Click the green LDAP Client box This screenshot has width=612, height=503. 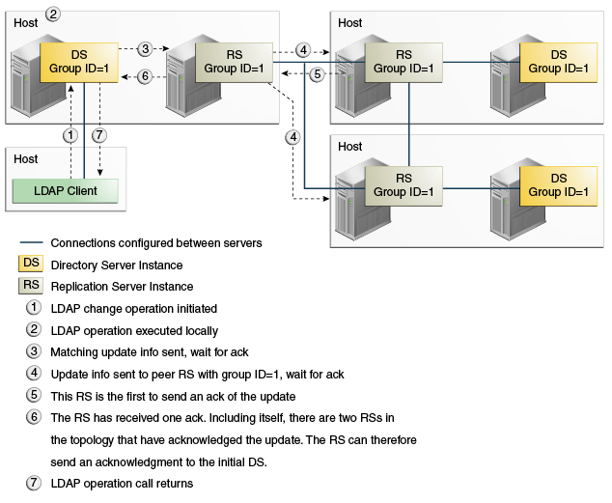point(68,190)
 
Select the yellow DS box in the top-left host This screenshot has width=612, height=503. point(79,62)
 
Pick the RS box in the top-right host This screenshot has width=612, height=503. point(403,62)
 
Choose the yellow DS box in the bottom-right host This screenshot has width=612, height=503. point(558,184)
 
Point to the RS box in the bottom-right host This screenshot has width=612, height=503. point(403,184)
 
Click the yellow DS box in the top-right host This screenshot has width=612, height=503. point(558,62)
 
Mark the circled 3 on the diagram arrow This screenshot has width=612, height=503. point(145,48)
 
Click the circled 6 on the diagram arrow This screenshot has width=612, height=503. point(145,76)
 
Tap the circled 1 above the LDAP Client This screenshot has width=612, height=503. point(70,134)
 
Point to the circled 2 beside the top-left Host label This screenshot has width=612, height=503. point(53,14)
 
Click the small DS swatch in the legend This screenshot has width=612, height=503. point(33,265)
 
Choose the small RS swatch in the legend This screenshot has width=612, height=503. point(33,286)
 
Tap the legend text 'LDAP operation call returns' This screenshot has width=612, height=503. point(122,483)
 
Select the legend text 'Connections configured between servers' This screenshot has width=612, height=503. point(156,243)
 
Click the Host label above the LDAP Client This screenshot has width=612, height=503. point(26,159)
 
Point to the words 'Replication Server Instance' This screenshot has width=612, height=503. point(122,287)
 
